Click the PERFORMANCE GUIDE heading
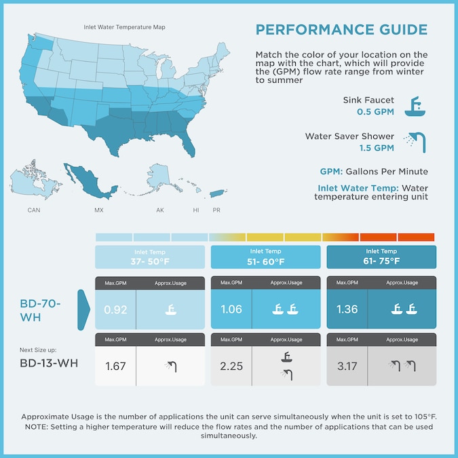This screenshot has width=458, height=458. click(x=341, y=30)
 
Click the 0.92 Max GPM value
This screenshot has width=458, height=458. click(x=115, y=310)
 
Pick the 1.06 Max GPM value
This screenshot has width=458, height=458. click(x=231, y=310)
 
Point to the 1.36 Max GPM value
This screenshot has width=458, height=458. click(x=347, y=310)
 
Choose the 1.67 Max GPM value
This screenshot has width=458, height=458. click(x=115, y=366)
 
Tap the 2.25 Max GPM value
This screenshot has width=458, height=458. click(x=231, y=366)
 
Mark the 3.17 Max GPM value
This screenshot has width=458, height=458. click(x=347, y=366)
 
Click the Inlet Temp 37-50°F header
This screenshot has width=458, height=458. click(x=149, y=256)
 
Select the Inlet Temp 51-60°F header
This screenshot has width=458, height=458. click(x=265, y=256)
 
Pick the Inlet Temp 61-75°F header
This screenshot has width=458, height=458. click(x=381, y=256)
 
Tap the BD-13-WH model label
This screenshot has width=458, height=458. click(x=49, y=363)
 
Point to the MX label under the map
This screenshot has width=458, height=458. click(x=99, y=210)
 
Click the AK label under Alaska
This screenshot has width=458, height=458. click(x=160, y=210)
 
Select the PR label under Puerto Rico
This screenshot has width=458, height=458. click(x=216, y=210)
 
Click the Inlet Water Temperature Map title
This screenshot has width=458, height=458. click(x=124, y=28)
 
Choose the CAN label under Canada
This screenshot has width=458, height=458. click(x=34, y=210)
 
